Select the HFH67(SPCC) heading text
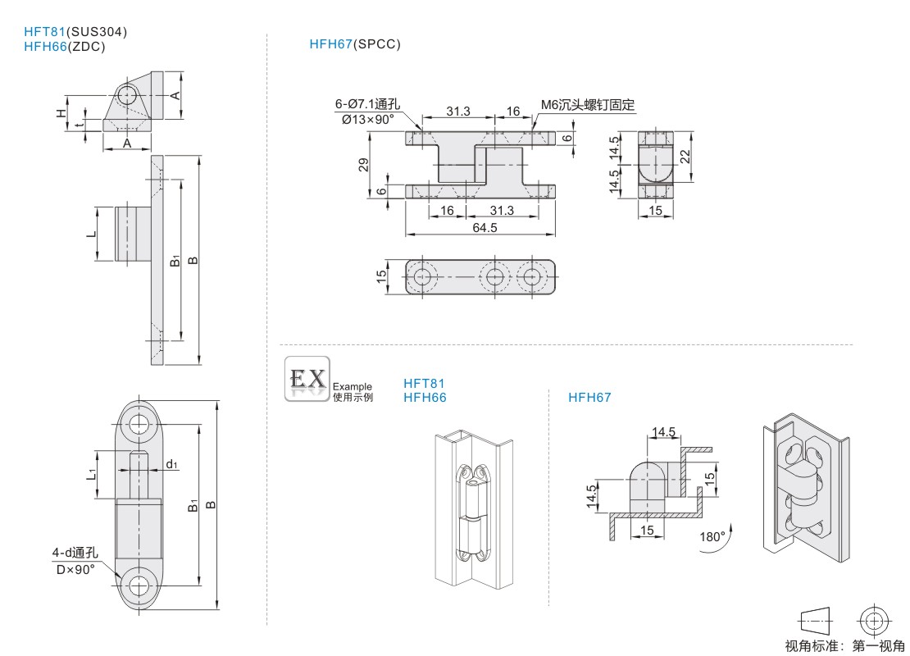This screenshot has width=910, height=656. coord(355,44)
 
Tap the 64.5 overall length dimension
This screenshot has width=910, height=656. coord(485,228)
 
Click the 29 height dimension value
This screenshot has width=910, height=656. coord(363,165)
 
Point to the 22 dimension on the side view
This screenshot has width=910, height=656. coord(685,156)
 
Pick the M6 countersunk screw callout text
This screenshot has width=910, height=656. coord(588,105)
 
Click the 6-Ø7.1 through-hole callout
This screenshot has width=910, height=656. coord(366,104)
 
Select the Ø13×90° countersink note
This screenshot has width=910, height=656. coord(364,119)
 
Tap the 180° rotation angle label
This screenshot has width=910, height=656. coord(712,537)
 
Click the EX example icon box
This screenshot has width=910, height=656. coord(307,378)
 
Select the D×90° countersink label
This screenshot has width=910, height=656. coord(75,568)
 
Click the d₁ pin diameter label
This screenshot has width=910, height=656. coord(171,464)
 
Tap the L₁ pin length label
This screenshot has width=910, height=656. coord(93,474)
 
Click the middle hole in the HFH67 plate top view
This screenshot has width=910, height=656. coord(494,277)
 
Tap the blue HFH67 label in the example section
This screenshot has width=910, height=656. coord(589,398)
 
